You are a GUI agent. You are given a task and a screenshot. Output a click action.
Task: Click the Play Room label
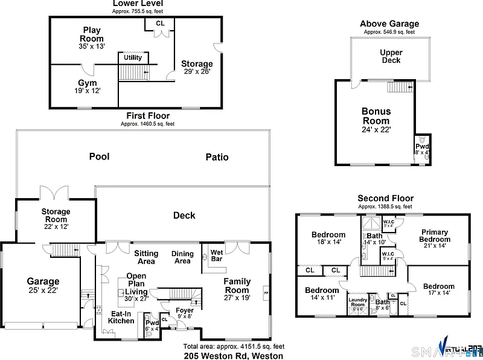pyautogui.click(x=92, y=34)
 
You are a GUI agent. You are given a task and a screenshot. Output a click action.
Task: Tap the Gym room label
pyautogui.click(x=87, y=83)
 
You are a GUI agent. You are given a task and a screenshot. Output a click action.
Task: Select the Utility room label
pyautogui.click(x=133, y=58)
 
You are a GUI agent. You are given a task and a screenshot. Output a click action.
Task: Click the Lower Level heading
pyautogui.click(x=138, y=4)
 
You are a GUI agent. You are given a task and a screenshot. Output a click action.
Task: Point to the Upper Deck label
pyautogui.click(x=391, y=56)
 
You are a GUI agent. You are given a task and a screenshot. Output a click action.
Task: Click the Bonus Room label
pyautogui.click(x=376, y=116)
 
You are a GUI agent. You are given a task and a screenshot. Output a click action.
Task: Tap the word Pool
pyautogui.click(x=99, y=156)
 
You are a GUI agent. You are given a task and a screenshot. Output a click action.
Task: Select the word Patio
pyautogui.click(x=217, y=157)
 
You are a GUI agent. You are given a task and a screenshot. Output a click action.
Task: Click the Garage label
pyautogui.click(x=43, y=281)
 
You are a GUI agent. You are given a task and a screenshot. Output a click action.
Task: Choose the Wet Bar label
pyautogui.click(x=216, y=255)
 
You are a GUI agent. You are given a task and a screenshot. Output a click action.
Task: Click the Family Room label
pyautogui.click(x=237, y=286)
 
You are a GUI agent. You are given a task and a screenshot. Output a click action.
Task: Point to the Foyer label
pyautogui.click(x=184, y=310)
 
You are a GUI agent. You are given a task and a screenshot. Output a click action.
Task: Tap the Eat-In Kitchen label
pyautogui.click(x=121, y=317)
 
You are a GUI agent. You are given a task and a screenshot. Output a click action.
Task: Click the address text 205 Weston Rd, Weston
pyautogui.click(x=234, y=356)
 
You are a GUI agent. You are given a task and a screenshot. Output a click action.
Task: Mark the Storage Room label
pyautogui.click(x=56, y=216)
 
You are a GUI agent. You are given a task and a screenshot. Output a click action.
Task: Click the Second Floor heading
pyautogui.click(x=385, y=198)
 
